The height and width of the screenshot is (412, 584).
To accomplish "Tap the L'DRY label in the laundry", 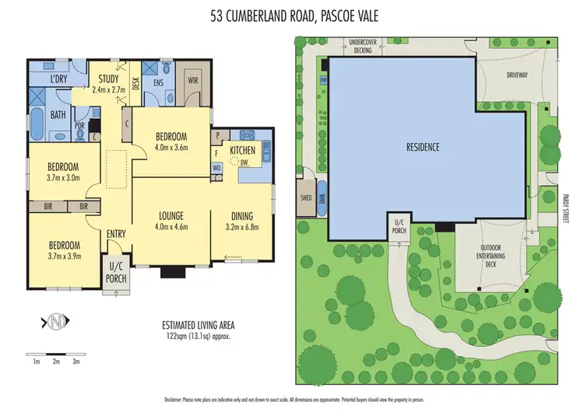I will tap(59, 80).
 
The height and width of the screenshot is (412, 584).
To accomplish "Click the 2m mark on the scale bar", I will tap(56, 361).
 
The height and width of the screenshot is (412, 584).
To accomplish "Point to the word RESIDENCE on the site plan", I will tap(424, 146).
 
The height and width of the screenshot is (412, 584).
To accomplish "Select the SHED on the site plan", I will tap(306, 198).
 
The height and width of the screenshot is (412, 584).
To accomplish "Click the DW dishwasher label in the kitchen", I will tap(245, 162).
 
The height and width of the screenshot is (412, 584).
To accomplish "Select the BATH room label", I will tap(59, 115).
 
